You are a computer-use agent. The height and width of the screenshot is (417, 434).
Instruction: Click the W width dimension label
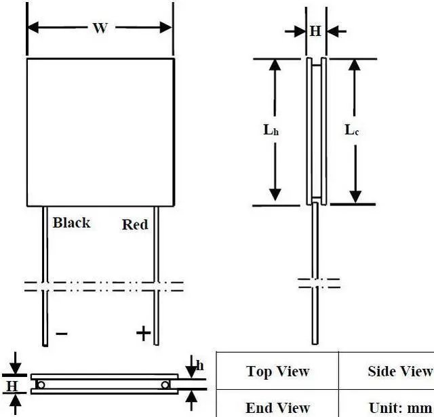pyautogui.click(x=100, y=28)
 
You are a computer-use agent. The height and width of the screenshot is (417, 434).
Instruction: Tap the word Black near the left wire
pyautogui.click(x=71, y=222)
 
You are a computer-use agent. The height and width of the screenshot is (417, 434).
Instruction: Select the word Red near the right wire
pyautogui.click(x=134, y=224)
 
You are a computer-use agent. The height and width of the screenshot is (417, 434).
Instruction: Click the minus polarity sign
pyautogui.click(x=61, y=333)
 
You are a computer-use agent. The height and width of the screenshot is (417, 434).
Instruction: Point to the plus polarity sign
pyautogui.click(x=142, y=332)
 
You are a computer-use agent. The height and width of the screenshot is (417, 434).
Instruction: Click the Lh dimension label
pyautogui.click(x=271, y=130)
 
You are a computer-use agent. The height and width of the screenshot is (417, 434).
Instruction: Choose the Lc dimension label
pyautogui.click(x=351, y=130)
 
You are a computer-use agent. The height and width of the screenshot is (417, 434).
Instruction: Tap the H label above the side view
pyautogui.click(x=315, y=31)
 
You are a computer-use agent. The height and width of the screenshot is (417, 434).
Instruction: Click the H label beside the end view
pyautogui.click(x=12, y=385)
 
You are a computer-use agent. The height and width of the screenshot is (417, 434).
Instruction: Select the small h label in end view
pyautogui.click(x=200, y=366)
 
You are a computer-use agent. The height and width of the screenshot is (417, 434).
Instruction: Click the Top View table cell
pyautogui.click(x=277, y=371)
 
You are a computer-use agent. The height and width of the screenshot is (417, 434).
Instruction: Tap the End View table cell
pyautogui.click(x=277, y=407)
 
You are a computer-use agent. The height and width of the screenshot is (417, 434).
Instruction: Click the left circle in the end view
pyautogui.click(x=41, y=385)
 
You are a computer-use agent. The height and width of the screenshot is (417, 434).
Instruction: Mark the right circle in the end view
pyautogui.click(x=165, y=385)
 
